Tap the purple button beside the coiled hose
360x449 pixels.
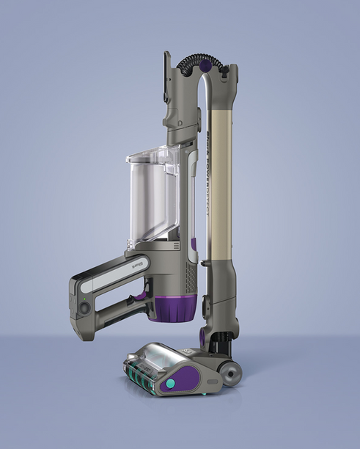tap(206, 66)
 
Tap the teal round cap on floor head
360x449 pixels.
tap(170, 384)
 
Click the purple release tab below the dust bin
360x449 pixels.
tap(194, 244)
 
